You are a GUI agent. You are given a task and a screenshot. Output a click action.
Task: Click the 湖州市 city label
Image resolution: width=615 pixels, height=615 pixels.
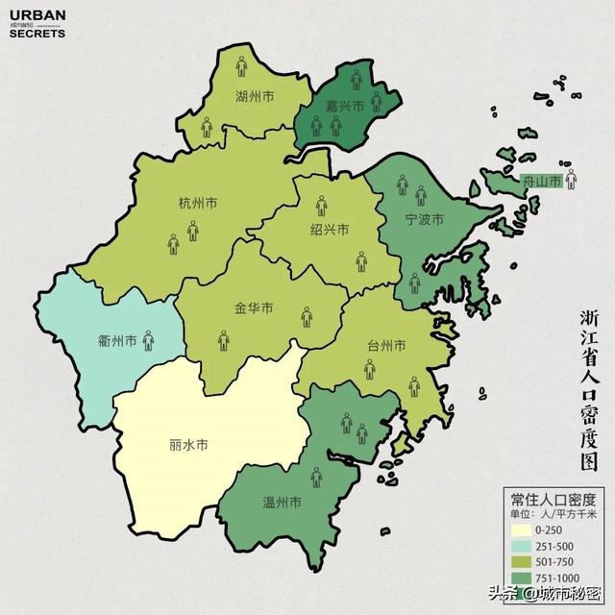tap(255, 97)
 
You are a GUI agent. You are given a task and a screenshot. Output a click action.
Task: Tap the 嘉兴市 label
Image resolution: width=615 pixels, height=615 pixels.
tap(344, 106)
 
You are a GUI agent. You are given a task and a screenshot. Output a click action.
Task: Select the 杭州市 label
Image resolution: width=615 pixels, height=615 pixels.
tap(198, 203)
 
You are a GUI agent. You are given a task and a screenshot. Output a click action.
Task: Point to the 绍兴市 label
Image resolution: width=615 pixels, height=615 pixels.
tap(329, 230)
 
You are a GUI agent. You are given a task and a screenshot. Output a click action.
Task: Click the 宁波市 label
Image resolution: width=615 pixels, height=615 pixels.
tap(424, 220)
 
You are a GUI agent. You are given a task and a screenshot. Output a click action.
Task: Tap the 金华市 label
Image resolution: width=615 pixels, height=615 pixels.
tap(254, 308)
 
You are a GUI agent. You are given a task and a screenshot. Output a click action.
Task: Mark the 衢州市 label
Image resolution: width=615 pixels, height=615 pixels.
tap(118, 340)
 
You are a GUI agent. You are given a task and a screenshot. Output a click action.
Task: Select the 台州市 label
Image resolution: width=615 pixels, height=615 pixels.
tap(385, 345)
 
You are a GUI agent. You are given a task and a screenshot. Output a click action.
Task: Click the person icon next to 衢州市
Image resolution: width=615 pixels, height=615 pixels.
tap(149, 339)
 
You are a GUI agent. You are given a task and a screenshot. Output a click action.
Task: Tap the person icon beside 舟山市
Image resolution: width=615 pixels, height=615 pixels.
tap(571, 179)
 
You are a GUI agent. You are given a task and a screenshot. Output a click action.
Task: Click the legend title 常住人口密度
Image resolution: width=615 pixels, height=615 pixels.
tap(552, 499)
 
